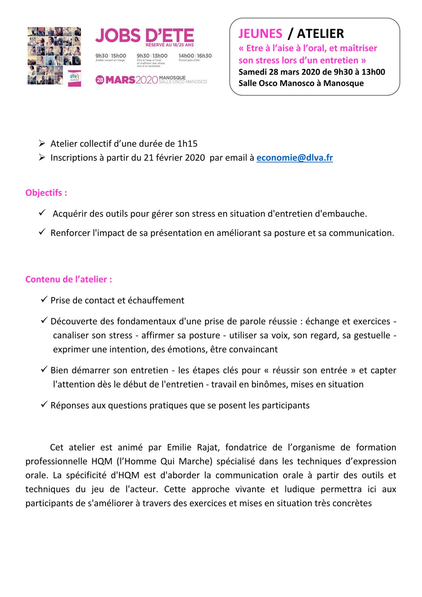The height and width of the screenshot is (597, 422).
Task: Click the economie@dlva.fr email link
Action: coord(294,158)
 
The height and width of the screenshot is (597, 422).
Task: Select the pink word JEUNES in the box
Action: coord(260,34)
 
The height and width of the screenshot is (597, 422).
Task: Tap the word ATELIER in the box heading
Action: coord(320,34)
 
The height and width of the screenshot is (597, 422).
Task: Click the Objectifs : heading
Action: coord(46,193)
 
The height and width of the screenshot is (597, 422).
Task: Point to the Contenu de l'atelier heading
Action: coord(69,279)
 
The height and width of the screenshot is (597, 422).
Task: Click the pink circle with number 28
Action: coord(100,80)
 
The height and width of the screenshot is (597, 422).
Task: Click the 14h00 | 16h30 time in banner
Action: coord(195,56)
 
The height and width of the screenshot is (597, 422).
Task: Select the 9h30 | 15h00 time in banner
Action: coord(111,56)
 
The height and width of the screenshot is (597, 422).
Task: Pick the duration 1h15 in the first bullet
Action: coord(187,144)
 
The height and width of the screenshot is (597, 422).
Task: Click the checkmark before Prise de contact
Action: coord(44,299)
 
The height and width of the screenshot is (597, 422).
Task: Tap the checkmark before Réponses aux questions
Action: coord(44,404)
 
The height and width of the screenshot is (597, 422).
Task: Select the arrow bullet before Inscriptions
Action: coord(42,157)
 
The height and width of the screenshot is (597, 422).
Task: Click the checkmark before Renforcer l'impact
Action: coord(42,232)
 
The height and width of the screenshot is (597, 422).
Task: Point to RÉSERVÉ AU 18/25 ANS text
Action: coord(169,45)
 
